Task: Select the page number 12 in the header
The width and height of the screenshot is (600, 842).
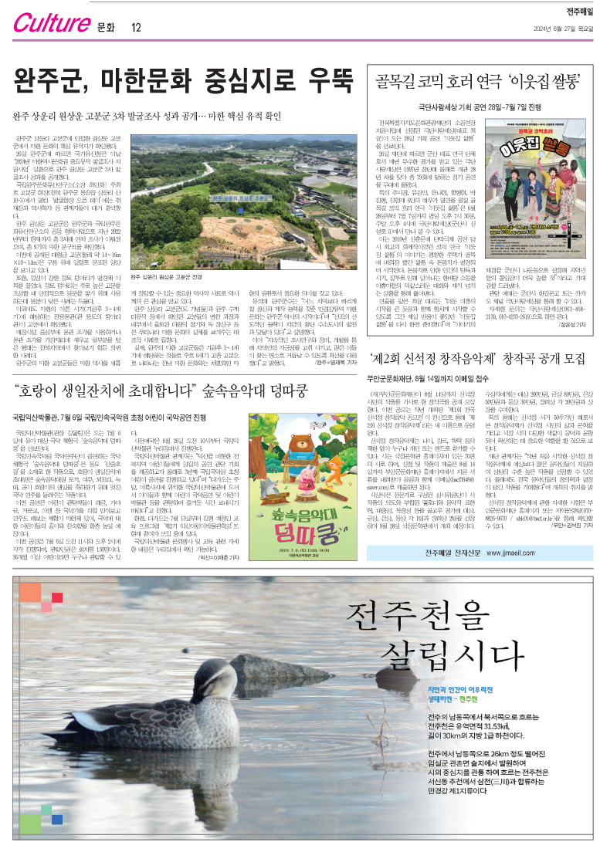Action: pos(136,28)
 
